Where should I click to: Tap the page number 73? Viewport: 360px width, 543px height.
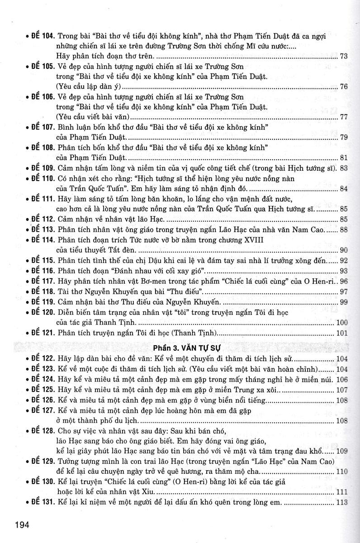click(x=343, y=57)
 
